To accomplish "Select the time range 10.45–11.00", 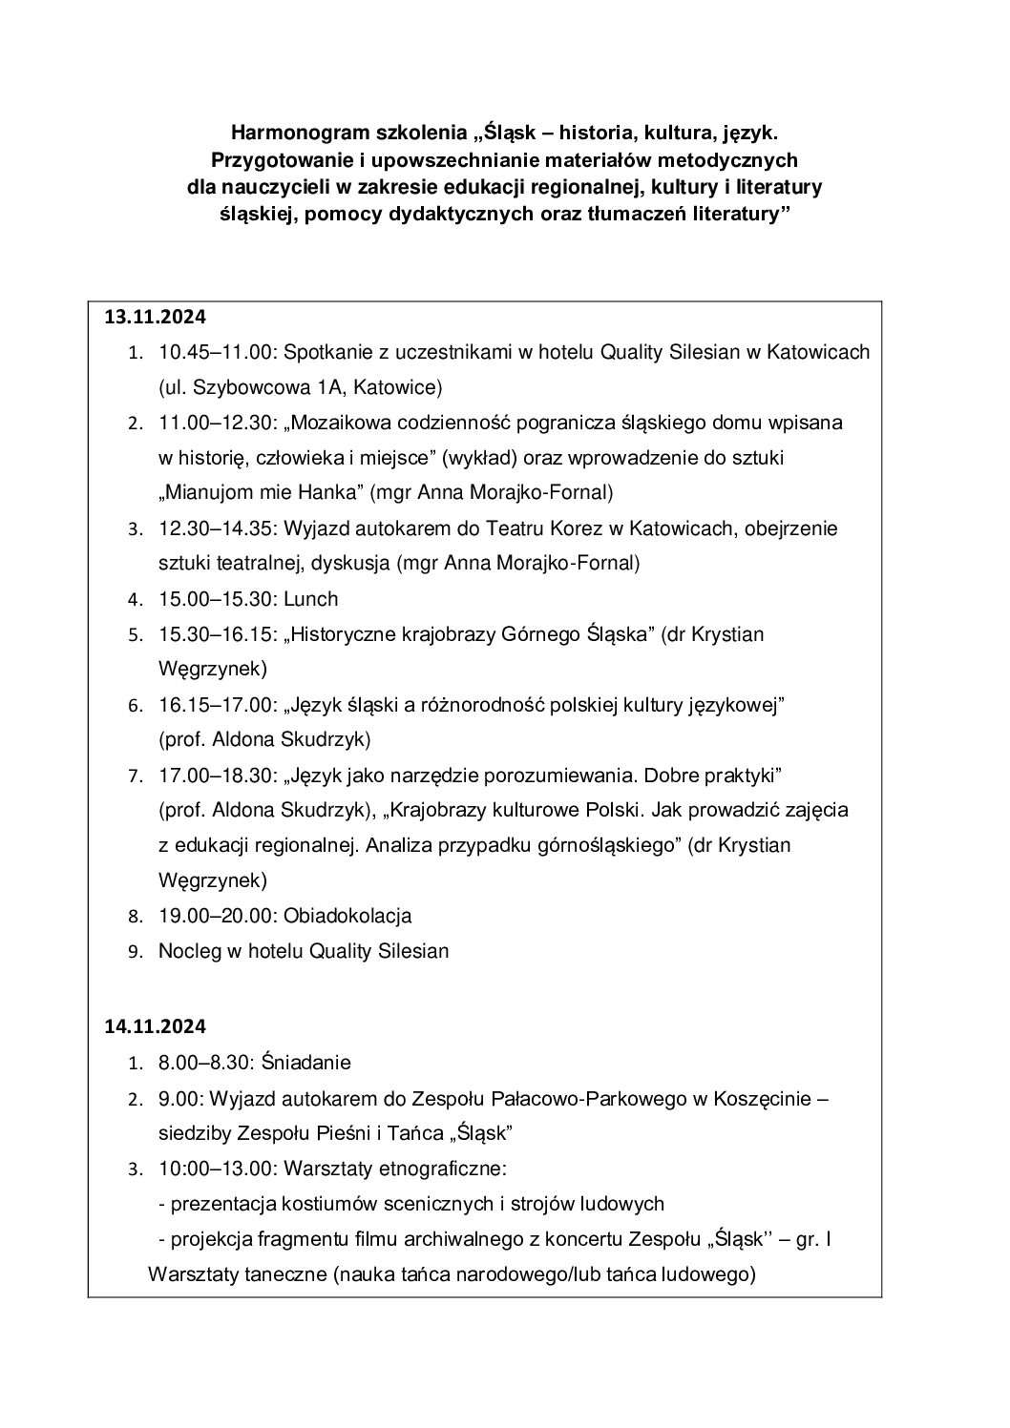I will [x=214, y=352].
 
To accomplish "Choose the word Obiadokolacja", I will [x=347, y=916].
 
